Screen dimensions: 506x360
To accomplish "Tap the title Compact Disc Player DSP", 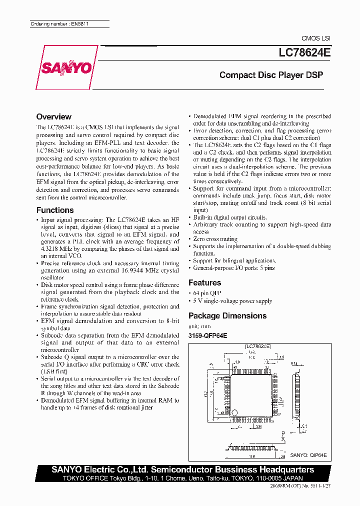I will click(271, 75).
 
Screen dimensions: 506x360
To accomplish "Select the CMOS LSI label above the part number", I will click(316, 38).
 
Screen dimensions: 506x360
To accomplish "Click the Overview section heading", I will click(54, 116).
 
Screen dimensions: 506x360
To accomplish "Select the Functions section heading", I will click(55, 210).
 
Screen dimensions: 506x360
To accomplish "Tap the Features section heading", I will click(204, 282).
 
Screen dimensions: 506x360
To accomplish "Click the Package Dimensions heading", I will click(227, 315).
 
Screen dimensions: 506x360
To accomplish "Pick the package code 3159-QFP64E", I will click(208, 335).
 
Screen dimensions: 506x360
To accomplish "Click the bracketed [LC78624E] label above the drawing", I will click(258, 345).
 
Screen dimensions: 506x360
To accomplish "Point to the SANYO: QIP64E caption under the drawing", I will click(309, 455).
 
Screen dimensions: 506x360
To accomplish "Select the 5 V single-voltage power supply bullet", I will click(232, 301).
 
